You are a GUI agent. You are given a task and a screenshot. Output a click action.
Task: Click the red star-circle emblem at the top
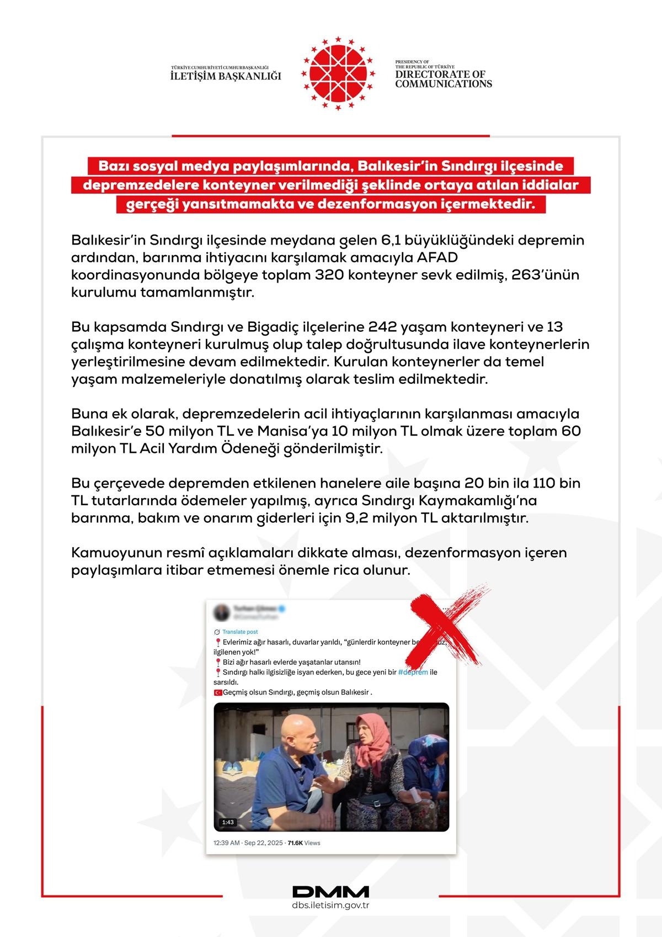pos(330,72)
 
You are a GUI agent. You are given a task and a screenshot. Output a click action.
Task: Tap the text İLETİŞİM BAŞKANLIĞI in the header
pos(226,76)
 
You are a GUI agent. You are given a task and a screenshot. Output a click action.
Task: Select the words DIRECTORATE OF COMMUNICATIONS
pos(443,79)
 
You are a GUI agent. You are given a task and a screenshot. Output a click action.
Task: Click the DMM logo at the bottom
pos(330,892)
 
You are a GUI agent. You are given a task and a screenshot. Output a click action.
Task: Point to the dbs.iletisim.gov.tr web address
pos(330,906)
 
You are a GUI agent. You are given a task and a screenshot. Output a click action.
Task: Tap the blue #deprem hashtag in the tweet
pos(413,672)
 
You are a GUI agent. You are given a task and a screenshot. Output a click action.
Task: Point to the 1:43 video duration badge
pos(228,822)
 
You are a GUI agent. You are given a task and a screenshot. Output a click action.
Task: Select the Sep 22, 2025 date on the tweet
pos(263,843)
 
